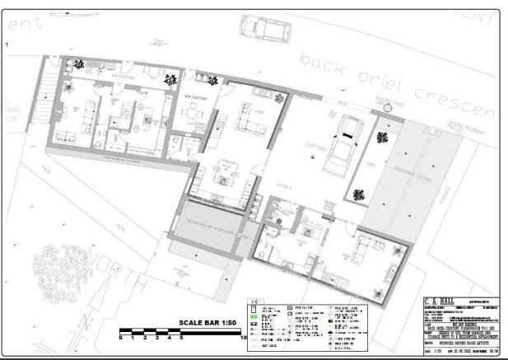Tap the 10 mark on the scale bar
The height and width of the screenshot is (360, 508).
coord(245,338)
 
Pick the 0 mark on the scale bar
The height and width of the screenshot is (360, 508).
coord(121,338)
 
